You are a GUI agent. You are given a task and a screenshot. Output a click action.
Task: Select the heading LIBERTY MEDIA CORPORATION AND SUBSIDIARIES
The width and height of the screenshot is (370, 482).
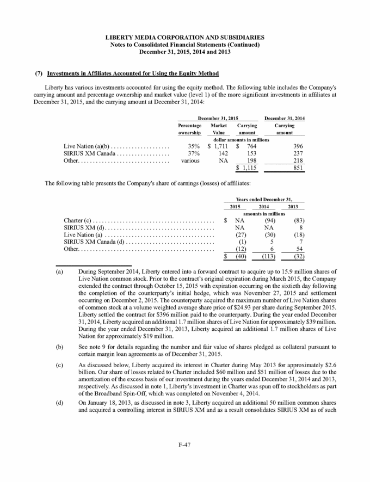tap(185, 36)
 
